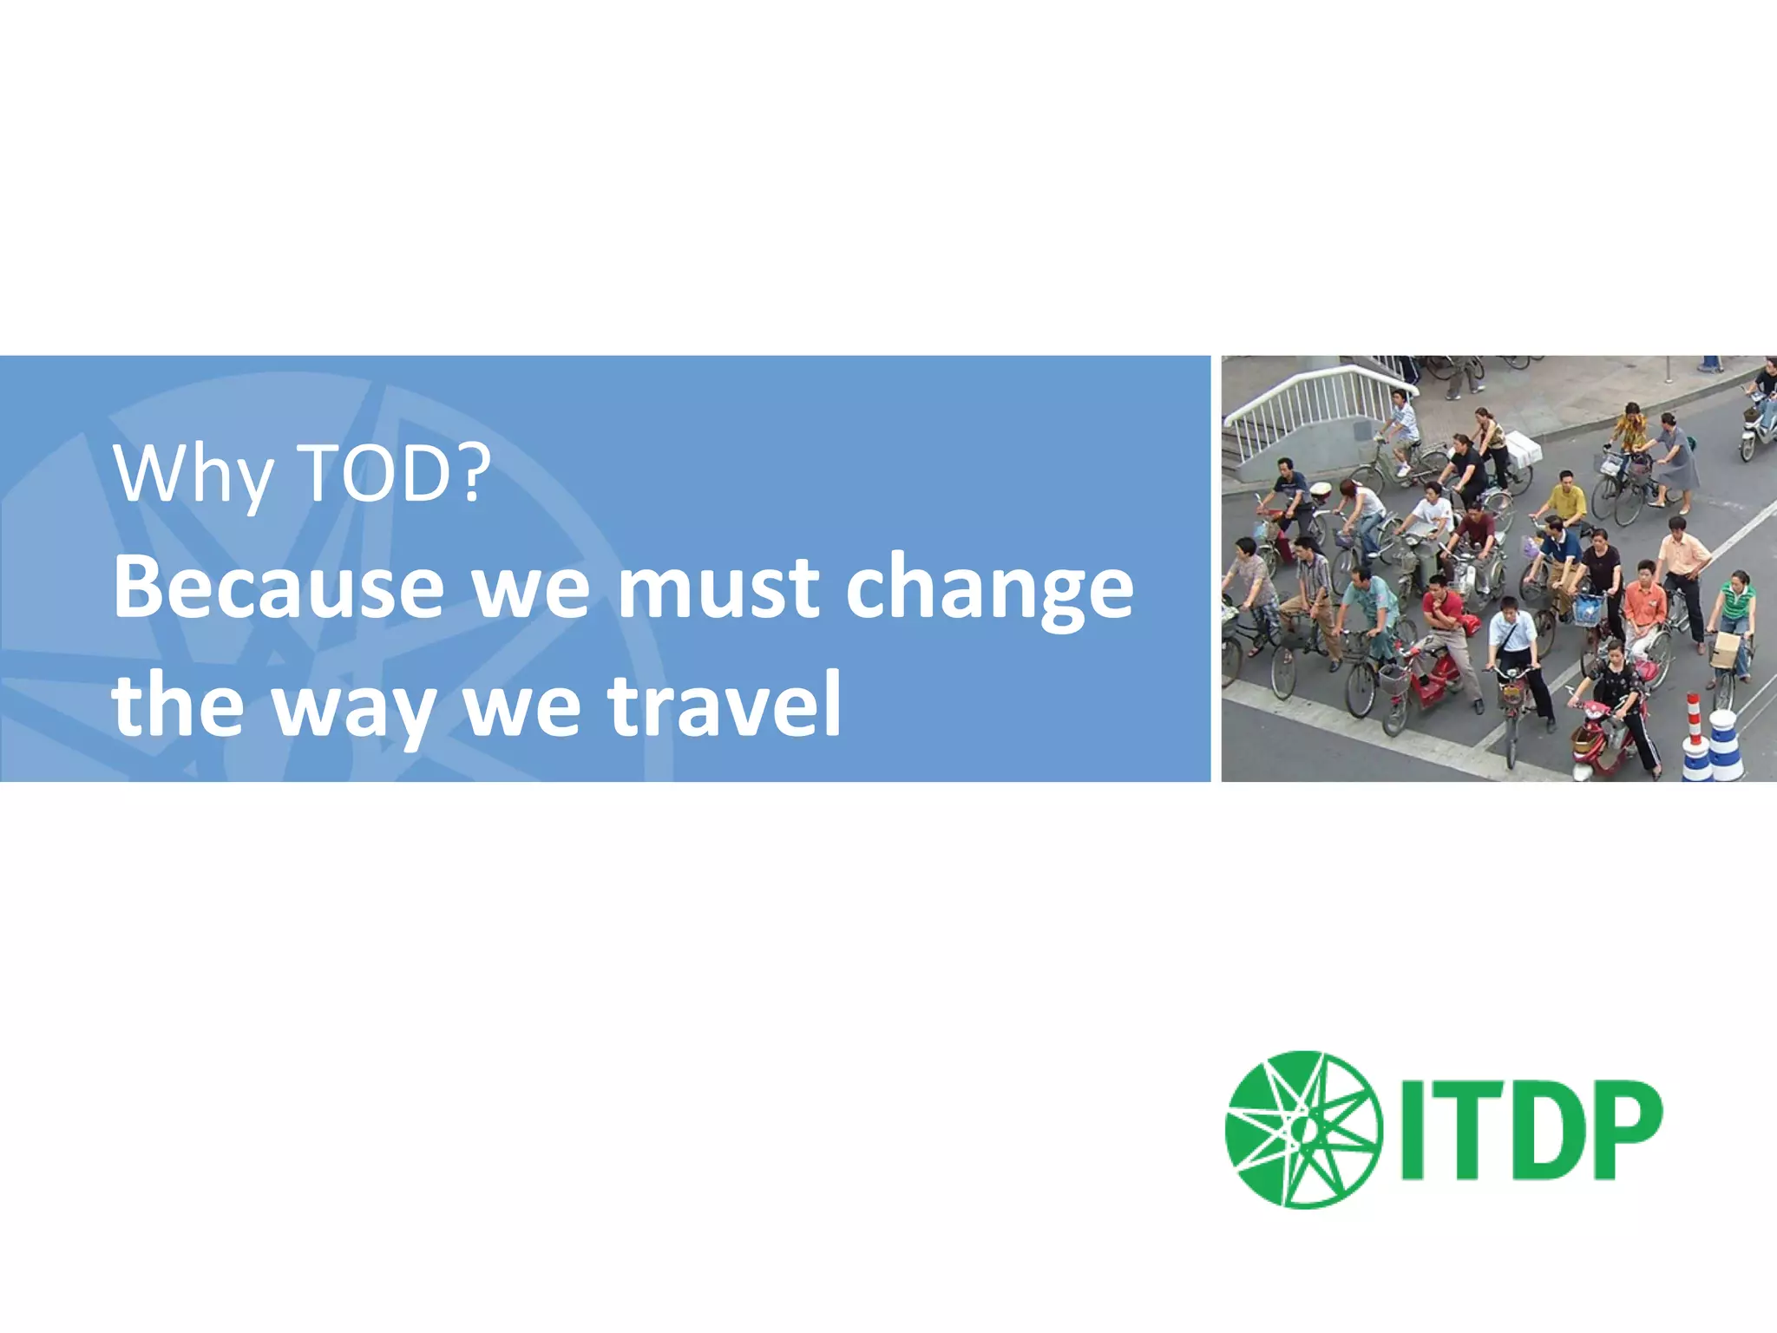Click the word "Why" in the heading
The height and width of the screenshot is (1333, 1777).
tap(193, 476)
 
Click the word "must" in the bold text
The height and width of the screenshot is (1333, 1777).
tap(718, 588)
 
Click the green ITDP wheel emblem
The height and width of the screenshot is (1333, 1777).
tap(1302, 1130)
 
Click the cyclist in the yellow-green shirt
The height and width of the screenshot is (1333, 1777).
tap(1566, 503)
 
